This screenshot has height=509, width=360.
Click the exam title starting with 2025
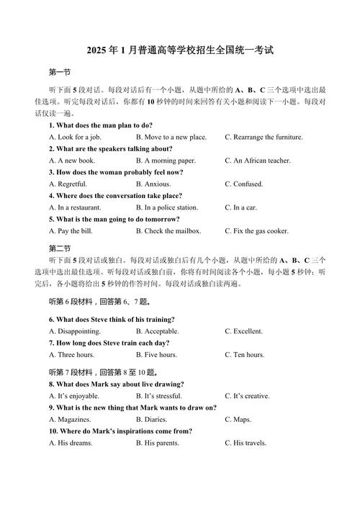point(180,51)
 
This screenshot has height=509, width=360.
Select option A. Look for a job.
point(75,137)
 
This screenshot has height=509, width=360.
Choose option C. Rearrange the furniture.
point(264,137)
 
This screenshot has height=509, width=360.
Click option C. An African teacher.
point(258,161)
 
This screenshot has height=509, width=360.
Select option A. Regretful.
point(69,184)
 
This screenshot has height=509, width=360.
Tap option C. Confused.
point(244,184)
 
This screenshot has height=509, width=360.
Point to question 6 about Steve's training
point(112,319)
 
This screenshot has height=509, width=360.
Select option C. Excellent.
point(244,331)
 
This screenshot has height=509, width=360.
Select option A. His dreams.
point(71,443)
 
